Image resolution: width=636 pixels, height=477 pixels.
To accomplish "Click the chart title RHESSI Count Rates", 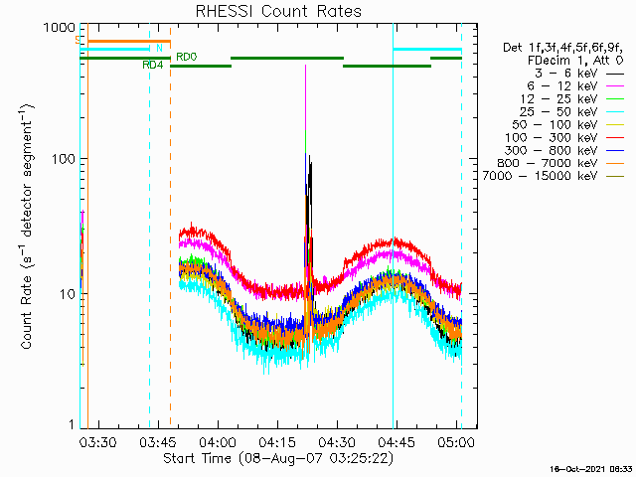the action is point(278,11).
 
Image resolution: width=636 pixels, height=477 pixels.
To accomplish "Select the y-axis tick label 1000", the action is point(60,28).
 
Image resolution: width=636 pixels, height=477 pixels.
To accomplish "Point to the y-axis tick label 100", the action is point(64,159).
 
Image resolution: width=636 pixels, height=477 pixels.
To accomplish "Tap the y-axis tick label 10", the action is point(68,294).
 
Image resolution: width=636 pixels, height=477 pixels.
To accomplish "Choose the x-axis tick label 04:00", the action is point(218,441).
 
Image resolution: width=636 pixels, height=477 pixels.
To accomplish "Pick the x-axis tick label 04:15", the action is point(277,441).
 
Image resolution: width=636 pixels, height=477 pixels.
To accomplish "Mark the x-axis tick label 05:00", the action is point(456,441).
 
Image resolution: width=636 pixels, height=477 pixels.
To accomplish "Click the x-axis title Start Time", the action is point(197,458).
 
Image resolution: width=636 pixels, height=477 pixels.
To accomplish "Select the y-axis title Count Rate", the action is point(27,312).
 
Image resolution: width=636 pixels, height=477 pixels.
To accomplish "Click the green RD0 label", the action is point(187,57).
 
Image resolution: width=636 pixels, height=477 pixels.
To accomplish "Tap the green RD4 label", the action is point(152,65).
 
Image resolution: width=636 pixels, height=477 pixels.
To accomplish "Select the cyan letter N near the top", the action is point(159,49).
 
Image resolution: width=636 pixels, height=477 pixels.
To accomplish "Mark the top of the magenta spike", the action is point(305,66).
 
